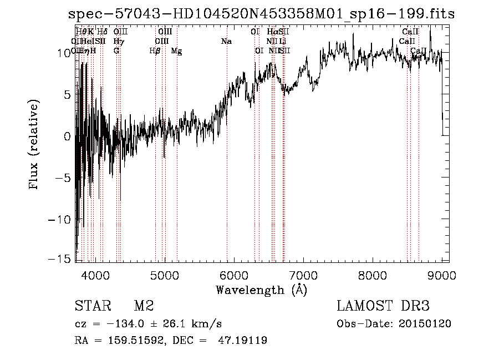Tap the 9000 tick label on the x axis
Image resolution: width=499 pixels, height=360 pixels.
click(x=442, y=275)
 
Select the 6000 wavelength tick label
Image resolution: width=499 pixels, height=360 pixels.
click(x=233, y=275)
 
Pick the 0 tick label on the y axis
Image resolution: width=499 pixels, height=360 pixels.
click(x=68, y=136)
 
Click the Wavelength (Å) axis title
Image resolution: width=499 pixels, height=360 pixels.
click(x=261, y=290)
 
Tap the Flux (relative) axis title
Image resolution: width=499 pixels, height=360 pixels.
click(x=34, y=145)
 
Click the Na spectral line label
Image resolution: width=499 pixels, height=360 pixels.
click(x=226, y=42)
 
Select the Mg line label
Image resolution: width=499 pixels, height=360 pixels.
click(x=176, y=51)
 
